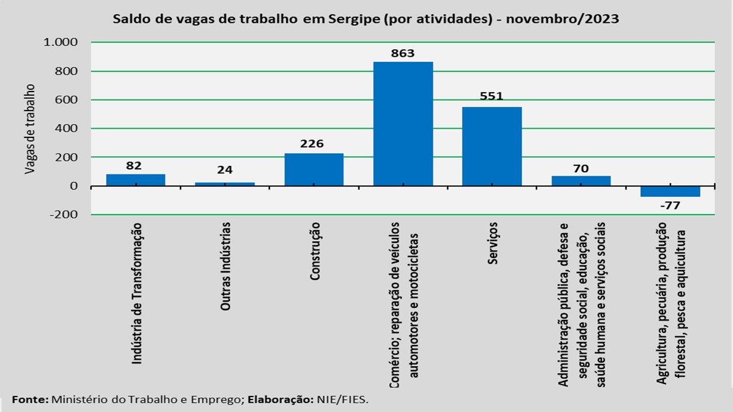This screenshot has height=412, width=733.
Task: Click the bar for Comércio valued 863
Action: pyautogui.click(x=403, y=124)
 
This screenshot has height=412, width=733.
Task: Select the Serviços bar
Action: pyautogui.click(x=491, y=146)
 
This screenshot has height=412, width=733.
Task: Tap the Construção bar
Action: pyautogui.click(x=314, y=169)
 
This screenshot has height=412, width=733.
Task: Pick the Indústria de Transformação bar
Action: pyautogui.click(x=136, y=180)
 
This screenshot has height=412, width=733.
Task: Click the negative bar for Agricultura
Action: pyautogui.click(x=670, y=192)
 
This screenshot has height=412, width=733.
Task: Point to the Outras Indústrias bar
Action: pyautogui.click(x=225, y=184)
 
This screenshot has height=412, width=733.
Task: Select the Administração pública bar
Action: pyautogui.click(x=581, y=181)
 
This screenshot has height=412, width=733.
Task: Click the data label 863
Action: pyautogui.click(x=403, y=54)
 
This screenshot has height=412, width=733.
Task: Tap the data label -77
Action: pyautogui.click(x=669, y=205)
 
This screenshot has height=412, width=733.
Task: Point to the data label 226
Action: pyautogui.click(x=312, y=143)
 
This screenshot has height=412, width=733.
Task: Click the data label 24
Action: pyautogui.click(x=225, y=170)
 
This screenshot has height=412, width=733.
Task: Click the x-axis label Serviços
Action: pyautogui.click(x=493, y=243)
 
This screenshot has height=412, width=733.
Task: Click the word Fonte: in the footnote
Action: pyautogui.click(x=30, y=399)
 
